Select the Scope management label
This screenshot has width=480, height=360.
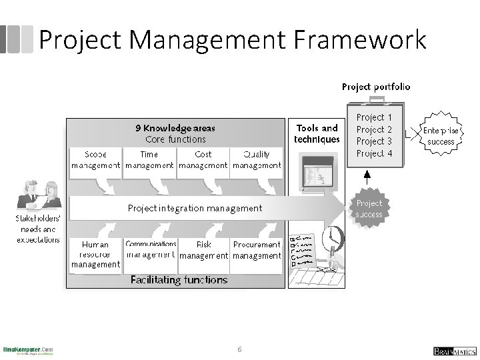click(x=95, y=160)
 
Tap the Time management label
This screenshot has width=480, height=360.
click(x=150, y=160)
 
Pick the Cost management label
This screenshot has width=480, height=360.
click(x=203, y=160)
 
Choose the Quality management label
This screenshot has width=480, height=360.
click(x=257, y=160)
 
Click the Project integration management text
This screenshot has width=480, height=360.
click(x=195, y=208)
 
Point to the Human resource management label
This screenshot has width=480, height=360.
click(x=95, y=255)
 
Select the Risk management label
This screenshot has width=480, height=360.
click(x=204, y=250)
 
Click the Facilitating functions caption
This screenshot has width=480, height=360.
click(x=179, y=280)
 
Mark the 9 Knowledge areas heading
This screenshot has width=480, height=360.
click(x=176, y=127)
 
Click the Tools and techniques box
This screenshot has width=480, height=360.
click(x=317, y=133)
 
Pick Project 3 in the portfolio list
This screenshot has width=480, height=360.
click(x=375, y=141)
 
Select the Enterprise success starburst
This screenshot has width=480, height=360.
click(x=441, y=136)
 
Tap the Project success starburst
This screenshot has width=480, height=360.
click(x=369, y=209)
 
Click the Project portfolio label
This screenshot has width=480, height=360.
click(x=376, y=87)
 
